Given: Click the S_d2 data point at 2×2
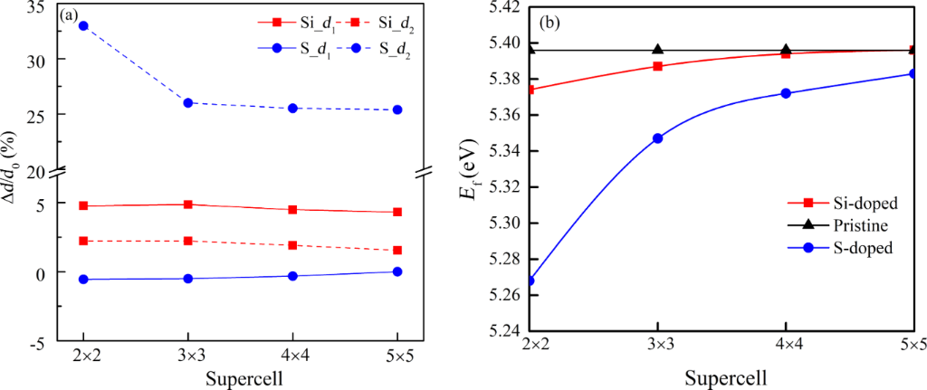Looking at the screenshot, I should click(83, 25).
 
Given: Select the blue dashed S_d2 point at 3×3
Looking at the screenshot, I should click(187, 103).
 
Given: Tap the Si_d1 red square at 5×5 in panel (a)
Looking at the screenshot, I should click(397, 212).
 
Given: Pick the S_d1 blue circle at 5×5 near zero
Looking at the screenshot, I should click(397, 271).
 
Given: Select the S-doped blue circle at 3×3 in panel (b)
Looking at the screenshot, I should click(658, 138).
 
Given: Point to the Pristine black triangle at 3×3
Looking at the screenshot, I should click(658, 50).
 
